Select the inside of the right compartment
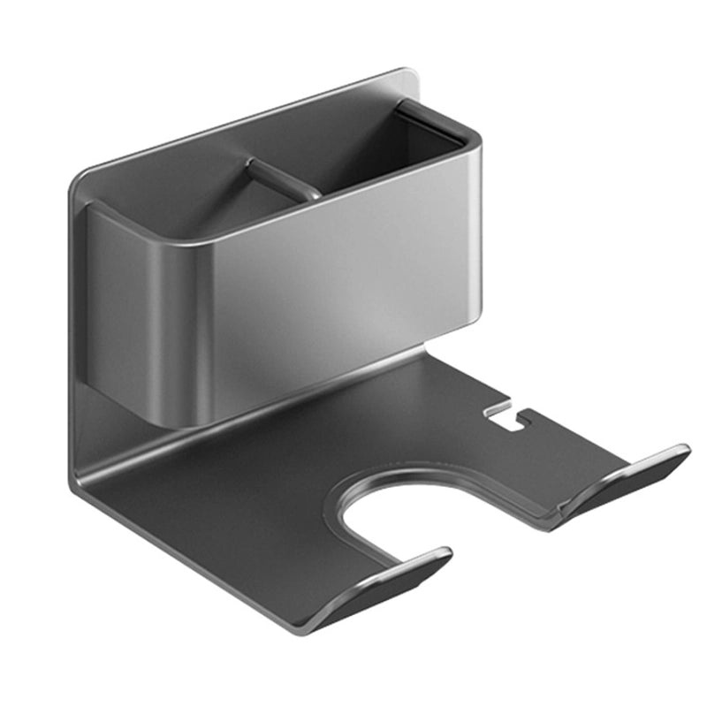click(x=380, y=159)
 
